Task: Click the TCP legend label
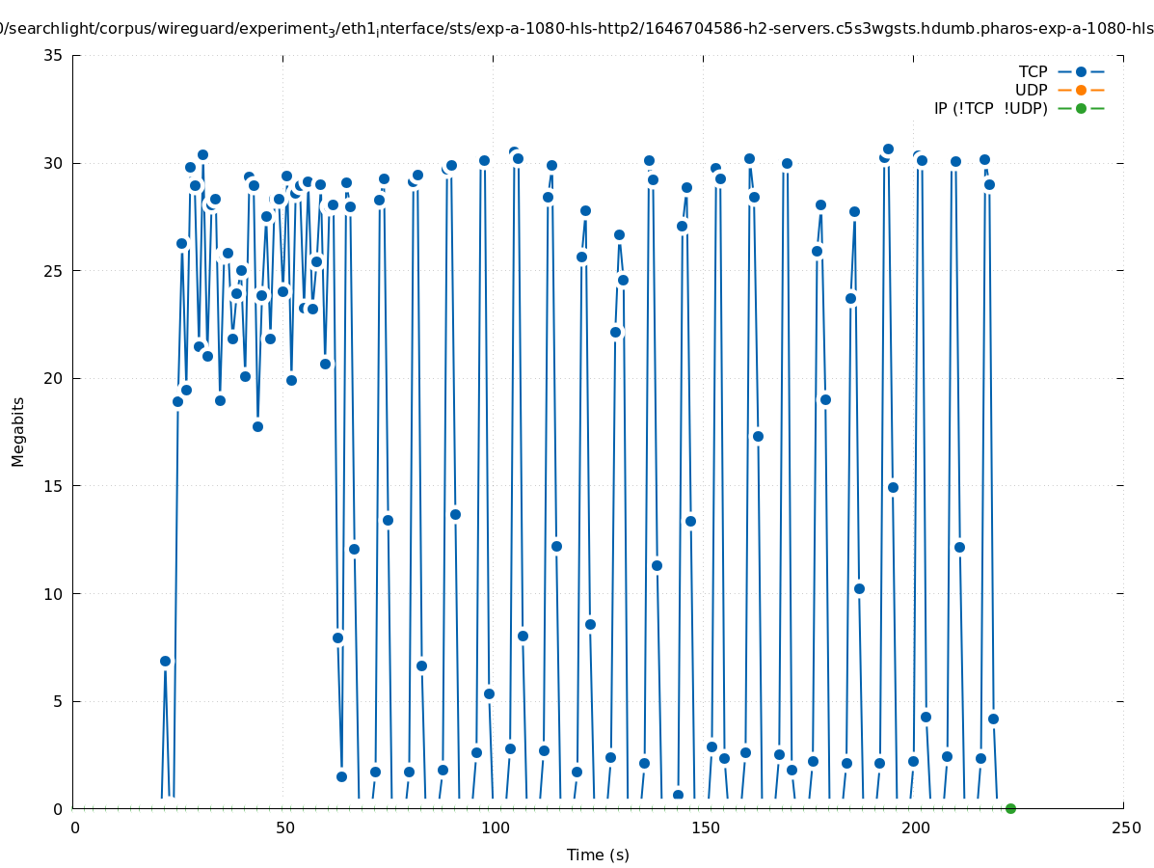[1033, 71]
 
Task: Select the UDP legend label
[1031, 90]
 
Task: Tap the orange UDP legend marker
[1081, 90]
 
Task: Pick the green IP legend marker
[1081, 108]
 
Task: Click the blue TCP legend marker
[1081, 71]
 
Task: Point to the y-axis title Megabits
[18, 431]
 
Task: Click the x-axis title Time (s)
[598, 854]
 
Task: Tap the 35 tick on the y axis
[54, 55]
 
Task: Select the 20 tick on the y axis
[54, 378]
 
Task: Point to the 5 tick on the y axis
[58, 701]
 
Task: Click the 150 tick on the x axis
[705, 827]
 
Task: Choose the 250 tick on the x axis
[1125, 827]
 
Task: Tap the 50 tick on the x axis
[284, 827]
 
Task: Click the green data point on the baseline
[1010, 808]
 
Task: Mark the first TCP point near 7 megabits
[165, 661]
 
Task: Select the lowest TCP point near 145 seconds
[678, 795]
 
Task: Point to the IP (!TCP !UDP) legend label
[990, 108]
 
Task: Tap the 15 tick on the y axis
[54, 486]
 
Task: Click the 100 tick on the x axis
[495, 827]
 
